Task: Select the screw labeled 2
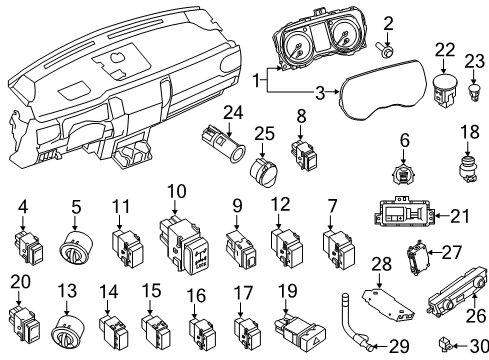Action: click(387, 46)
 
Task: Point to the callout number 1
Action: click(258, 79)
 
